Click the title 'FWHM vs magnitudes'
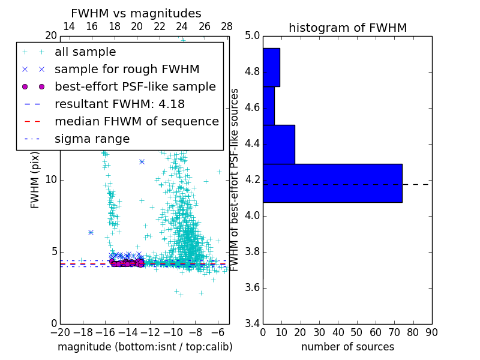click(136, 13)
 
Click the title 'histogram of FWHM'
click(347, 28)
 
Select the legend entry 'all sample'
click(85, 52)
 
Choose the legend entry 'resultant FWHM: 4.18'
click(119, 104)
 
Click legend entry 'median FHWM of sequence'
click(136, 121)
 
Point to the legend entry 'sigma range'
click(92, 139)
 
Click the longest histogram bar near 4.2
click(332, 183)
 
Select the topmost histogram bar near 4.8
click(271, 67)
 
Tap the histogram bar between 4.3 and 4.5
click(279, 144)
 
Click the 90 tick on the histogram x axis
click(431, 332)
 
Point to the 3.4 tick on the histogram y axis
click(252, 323)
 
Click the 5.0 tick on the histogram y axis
click(252, 36)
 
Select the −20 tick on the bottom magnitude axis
click(60, 332)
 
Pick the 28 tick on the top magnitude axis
click(227, 26)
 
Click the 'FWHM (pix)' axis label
click(35, 179)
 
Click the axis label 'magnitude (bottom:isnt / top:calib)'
click(145, 347)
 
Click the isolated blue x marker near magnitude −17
click(91, 232)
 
